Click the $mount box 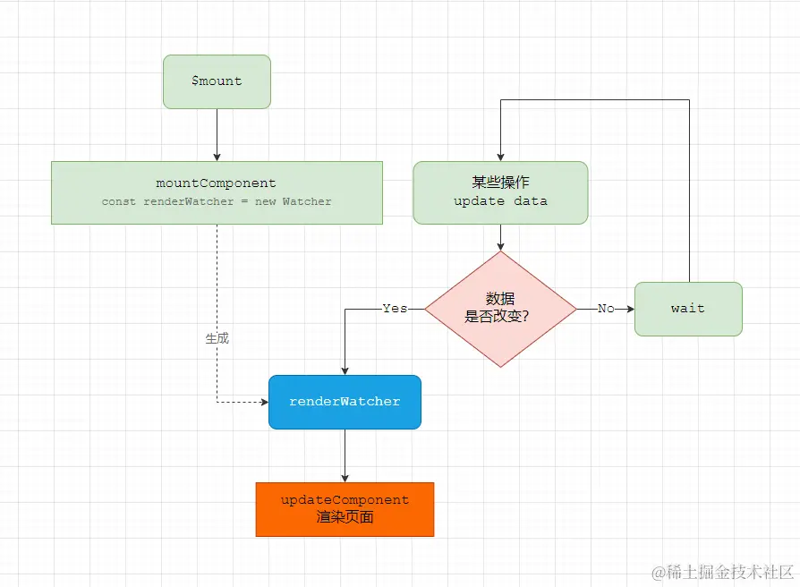(x=217, y=81)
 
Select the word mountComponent (x=217, y=183)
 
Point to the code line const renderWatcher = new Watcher (x=217, y=202)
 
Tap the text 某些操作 (x=500, y=182)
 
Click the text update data (x=500, y=201)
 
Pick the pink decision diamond (x=500, y=309)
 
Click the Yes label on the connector (x=395, y=309)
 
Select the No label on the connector (x=606, y=309)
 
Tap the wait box (x=688, y=309)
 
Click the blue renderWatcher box (x=345, y=402)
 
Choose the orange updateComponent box (x=345, y=509)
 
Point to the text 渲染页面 (x=345, y=518)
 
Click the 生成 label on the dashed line (x=217, y=339)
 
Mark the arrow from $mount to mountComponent (x=217, y=134)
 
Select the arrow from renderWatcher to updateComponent (x=345, y=455)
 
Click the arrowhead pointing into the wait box (x=629, y=309)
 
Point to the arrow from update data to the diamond (x=500, y=237)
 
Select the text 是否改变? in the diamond (x=500, y=316)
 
